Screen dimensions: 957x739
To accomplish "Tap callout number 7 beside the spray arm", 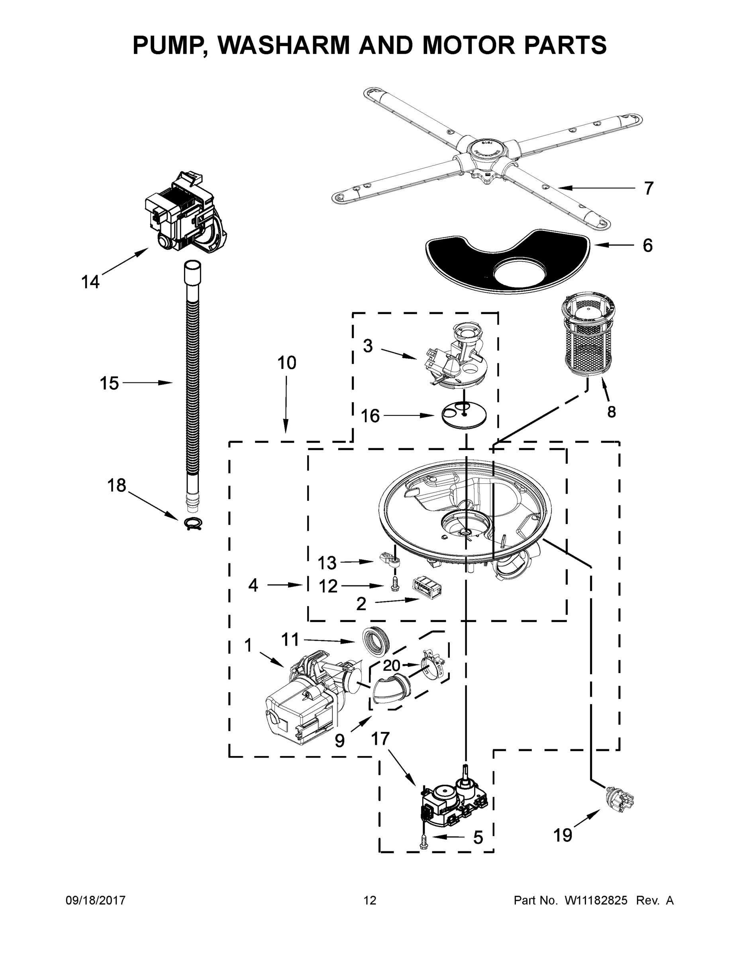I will point(649,189).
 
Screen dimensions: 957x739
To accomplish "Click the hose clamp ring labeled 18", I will point(193,523).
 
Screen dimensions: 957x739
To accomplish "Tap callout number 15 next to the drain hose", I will point(109,384).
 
